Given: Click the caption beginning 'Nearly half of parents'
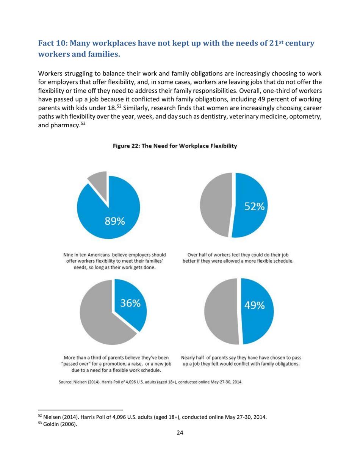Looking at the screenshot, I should [241, 361].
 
